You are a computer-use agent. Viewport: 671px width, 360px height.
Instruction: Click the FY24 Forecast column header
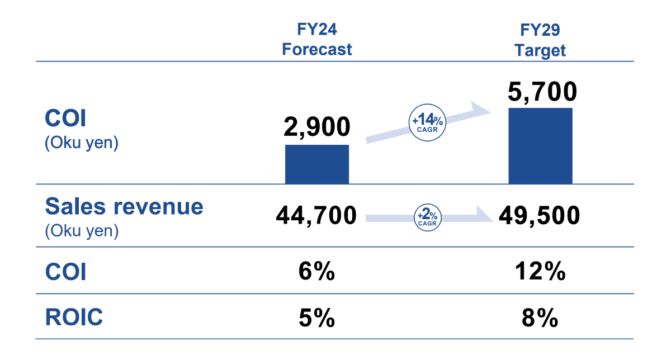click(316, 40)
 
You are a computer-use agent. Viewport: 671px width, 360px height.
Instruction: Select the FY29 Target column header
click(540, 40)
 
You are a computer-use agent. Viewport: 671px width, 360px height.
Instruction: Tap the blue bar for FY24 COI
click(317, 164)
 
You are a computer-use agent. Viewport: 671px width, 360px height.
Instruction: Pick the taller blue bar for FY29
click(540, 145)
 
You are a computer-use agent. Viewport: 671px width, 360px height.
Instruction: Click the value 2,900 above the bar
click(316, 127)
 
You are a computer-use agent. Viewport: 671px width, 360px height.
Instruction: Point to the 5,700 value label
click(541, 91)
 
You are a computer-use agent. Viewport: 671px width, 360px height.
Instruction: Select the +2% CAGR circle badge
click(428, 215)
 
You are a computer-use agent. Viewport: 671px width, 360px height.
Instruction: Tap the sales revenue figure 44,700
click(316, 215)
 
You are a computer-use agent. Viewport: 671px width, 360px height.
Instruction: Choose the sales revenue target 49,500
click(539, 215)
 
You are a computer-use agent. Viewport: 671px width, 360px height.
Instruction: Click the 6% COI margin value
click(316, 273)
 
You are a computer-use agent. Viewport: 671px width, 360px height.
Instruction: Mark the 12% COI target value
click(540, 273)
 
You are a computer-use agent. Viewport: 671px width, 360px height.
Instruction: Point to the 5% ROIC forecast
click(316, 319)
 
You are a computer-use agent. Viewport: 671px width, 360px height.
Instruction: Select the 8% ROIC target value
click(540, 319)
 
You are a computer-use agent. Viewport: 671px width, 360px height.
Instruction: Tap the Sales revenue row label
click(124, 207)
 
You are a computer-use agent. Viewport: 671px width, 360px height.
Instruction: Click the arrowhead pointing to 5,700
click(480, 109)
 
